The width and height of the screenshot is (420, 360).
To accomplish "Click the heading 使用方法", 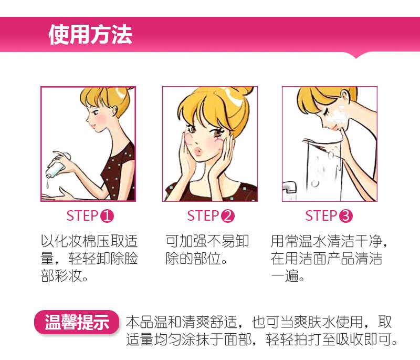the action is coord(90,34).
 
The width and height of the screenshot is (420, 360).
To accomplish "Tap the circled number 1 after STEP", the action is coord(107,216).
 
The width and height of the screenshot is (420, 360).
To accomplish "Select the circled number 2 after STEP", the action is coord(228,216).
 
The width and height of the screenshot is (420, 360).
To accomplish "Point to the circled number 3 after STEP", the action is coord(346,216).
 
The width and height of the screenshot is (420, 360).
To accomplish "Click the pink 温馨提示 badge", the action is coord(77,322).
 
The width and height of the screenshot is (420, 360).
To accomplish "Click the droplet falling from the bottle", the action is coord(47,184).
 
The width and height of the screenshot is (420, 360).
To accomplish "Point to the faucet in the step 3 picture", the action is coord(290,187).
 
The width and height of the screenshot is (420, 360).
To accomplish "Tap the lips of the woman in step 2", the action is coord(197,152).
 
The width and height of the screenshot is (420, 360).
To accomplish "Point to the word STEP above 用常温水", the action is coord(321,216).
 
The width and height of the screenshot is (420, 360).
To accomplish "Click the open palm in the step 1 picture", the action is coord(58,196).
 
